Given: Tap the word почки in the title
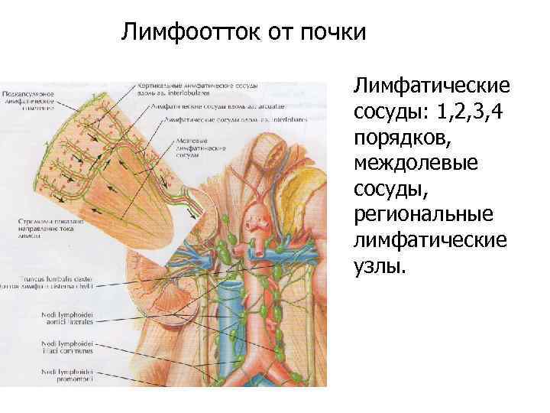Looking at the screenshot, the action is [334, 32].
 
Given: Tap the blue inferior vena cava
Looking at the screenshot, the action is [228, 321].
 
